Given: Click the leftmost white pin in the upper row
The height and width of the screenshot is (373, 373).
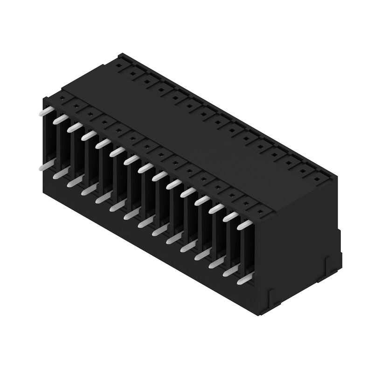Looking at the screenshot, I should pos(47,111).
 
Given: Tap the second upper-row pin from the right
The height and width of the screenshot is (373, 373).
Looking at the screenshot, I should pos(229,216).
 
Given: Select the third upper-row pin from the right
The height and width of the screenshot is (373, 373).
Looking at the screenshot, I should pos(215,208).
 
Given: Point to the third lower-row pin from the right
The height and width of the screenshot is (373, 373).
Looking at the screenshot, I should pos(216,264).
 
